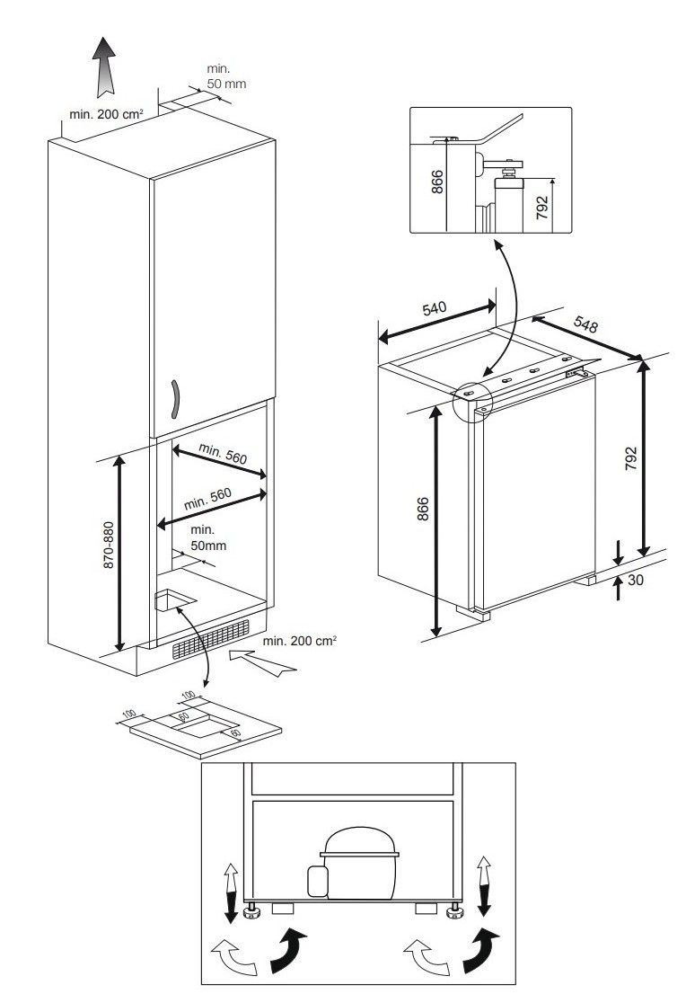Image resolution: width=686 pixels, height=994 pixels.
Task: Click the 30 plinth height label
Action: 636,581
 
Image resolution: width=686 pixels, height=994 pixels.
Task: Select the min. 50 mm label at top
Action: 225,76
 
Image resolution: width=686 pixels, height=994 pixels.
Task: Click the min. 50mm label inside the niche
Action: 207,537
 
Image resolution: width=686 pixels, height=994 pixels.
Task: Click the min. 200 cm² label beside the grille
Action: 299,641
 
